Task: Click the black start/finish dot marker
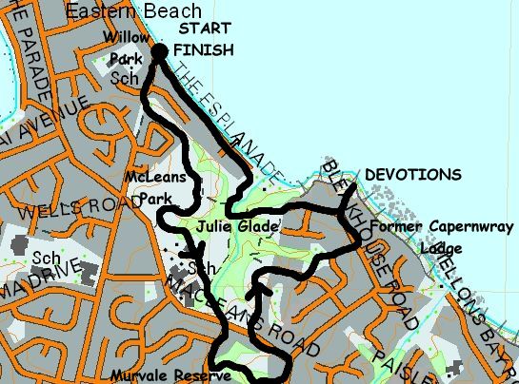tap(159, 51)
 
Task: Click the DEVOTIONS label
tap(412, 175)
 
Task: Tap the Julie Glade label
tap(238, 228)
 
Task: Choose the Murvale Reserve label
tap(158, 374)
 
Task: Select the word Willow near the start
tap(128, 37)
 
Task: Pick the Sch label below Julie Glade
tap(198, 268)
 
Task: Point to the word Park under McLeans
tap(154, 199)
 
